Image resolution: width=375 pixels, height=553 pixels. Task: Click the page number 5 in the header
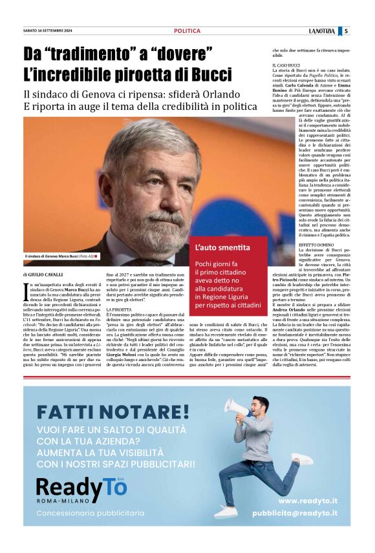(346, 31)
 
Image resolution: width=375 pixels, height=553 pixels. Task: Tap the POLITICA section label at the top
(187, 31)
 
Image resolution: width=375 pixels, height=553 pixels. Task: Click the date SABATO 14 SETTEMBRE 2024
(48, 31)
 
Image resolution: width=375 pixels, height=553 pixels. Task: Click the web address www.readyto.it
(308, 501)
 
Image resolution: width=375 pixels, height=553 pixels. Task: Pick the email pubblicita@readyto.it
(294, 514)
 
